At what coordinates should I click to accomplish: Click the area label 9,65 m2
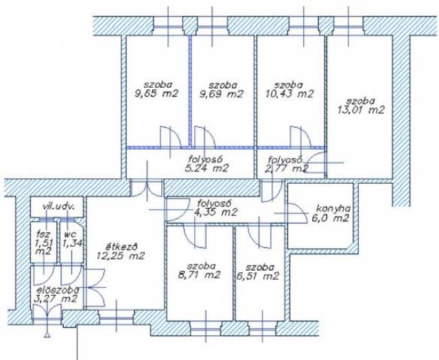coord(156,93)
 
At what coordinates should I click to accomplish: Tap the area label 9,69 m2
coord(221,94)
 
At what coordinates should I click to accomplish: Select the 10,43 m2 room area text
coord(289,94)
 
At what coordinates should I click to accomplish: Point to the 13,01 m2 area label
coord(361,110)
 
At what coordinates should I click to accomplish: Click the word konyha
coord(333,209)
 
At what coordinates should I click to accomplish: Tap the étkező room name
coord(121,247)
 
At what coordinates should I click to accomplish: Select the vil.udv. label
coord(58,207)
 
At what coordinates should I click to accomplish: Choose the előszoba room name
coord(56,290)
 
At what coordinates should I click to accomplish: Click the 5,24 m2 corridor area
coord(207,168)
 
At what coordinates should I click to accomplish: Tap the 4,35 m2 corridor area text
coord(216,212)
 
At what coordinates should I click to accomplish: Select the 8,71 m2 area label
coord(199,275)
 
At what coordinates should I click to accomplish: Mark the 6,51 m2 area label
coord(258,276)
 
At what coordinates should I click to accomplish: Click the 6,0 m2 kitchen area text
coord(331,218)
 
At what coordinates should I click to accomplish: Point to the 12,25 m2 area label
coord(121,256)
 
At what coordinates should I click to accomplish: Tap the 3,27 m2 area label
coord(55,299)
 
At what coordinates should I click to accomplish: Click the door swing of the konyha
coord(296,213)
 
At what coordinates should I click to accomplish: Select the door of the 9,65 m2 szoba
coord(171,137)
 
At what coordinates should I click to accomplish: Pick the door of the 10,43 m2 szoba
coord(300,137)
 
